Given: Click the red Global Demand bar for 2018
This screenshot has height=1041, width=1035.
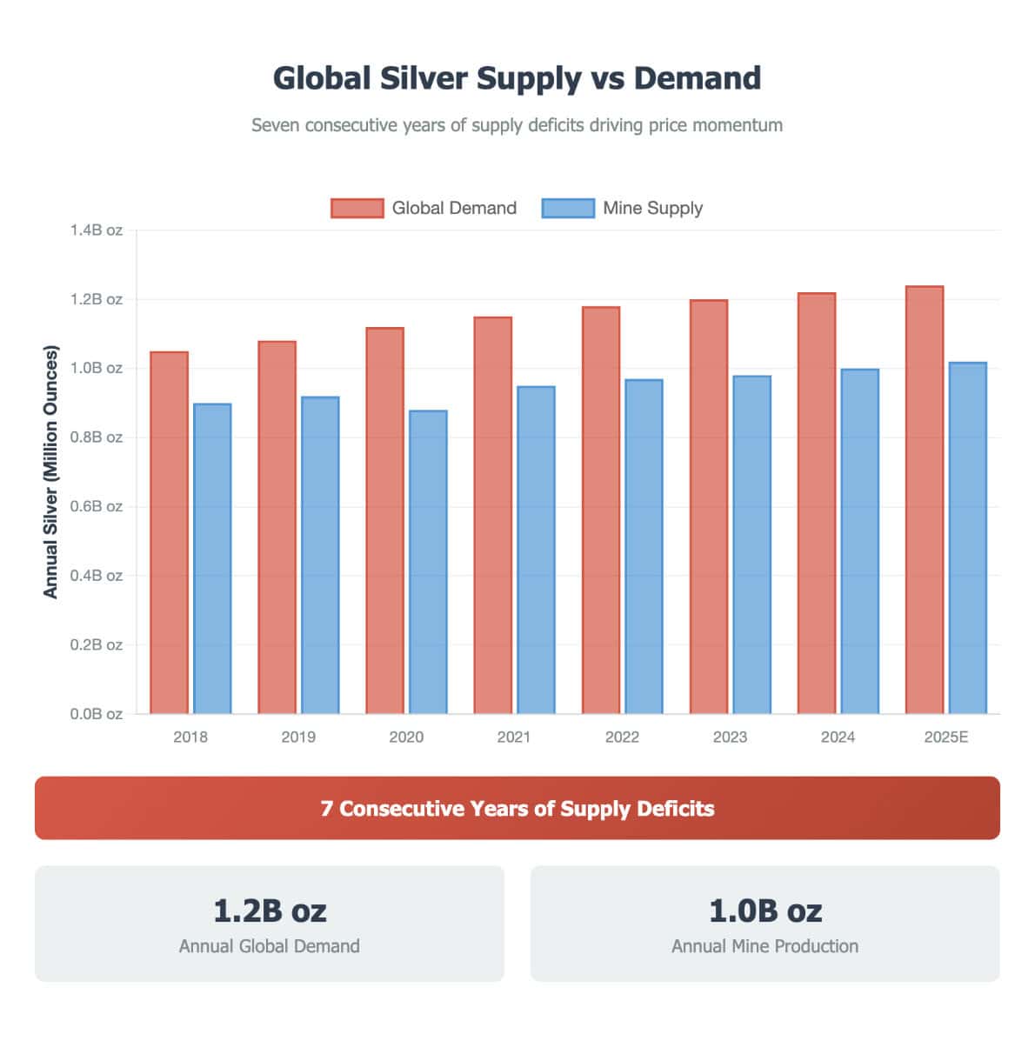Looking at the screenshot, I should pyautogui.click(x=169, y=532).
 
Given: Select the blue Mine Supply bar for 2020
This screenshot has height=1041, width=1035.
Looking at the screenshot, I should pyautogui.click(x=428, y=562).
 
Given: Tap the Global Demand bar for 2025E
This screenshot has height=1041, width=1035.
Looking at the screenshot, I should pyautogui.click(x=924, y=500).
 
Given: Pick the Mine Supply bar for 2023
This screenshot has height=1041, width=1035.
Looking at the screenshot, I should pyautogui.click(x=751, y=544).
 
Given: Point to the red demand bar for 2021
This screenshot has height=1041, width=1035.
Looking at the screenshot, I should pyautogui.click(x=492, y=515).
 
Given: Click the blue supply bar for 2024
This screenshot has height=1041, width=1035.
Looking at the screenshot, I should pyautogui.click(x=859, y=541).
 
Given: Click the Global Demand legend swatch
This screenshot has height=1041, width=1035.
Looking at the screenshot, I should pyautogui.click(x=357, y=208).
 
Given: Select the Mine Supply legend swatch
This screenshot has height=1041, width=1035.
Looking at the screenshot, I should pyautogui.click(x=567, y=208).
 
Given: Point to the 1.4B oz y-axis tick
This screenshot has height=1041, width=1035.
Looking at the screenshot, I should pyautogui.click(x=97, y=230).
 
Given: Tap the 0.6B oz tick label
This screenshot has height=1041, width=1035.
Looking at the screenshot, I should pyautogui.click(x=97, y=506).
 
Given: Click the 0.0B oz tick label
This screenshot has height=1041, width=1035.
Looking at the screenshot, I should pyautogui.click(x=97, y=714).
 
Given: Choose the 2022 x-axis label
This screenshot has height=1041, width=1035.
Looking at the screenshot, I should pyautogui.click(x=622, y=737).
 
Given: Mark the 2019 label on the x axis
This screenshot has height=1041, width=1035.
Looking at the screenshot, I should pyautogui.click(x=298, y=737).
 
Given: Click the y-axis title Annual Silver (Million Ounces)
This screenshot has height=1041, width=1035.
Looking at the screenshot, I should pyautogui.click(x=50, y=471).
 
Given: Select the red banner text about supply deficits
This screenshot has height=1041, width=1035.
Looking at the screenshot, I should pyautogui.click(x=517, y=809).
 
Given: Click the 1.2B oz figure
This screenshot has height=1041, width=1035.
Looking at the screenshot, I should pyautogui.click(x=270, y=911).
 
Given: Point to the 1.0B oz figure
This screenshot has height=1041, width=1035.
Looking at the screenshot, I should pyautogui.click(x=765, y=911).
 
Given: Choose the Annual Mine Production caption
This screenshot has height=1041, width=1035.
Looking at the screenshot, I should pyautogui.click(x=765, y=946).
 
